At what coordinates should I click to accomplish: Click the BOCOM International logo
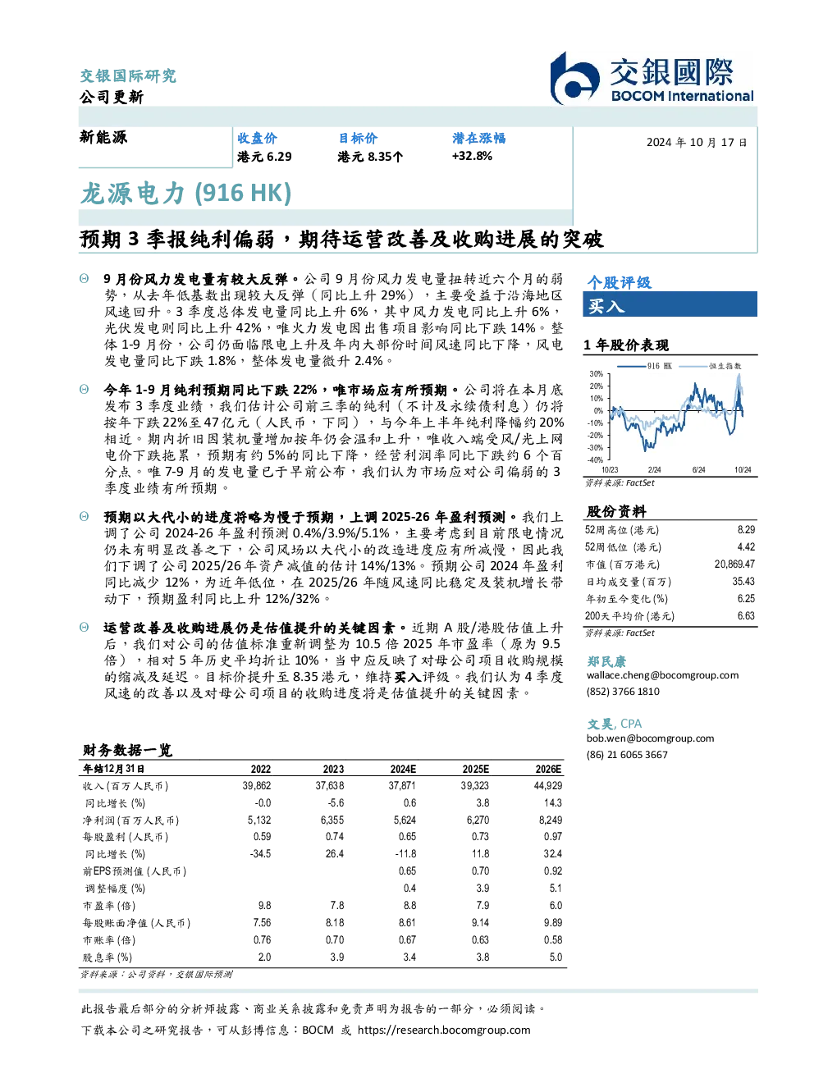652,78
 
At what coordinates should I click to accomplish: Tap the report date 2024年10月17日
697,143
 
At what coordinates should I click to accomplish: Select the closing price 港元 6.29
264,157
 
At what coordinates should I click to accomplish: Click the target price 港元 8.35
369,157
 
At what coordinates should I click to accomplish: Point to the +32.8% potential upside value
472,156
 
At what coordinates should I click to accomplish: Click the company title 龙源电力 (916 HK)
186,194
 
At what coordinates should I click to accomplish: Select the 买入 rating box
670,304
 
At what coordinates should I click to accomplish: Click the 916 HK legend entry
644,366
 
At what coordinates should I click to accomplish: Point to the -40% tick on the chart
595,459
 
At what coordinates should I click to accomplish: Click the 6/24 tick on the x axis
698,469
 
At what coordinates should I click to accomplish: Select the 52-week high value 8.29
746,530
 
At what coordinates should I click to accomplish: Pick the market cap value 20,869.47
734,564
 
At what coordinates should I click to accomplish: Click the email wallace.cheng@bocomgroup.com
662,674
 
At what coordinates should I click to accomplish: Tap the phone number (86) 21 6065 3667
627,755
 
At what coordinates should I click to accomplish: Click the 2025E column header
475,769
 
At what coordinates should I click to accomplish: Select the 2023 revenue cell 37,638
329,785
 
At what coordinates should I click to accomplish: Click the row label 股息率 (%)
107,957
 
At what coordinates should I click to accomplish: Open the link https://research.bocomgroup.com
444,1030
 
